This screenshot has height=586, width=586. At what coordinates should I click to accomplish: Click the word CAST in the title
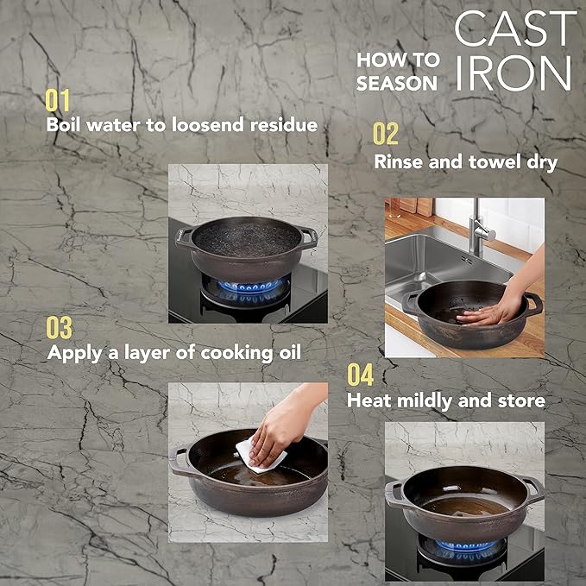coord(514,30)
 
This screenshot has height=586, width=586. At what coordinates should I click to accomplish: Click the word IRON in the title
coord(514,74)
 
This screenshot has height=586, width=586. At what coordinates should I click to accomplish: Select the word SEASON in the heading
coord(397,83)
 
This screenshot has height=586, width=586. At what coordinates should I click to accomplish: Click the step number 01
coord(58,100)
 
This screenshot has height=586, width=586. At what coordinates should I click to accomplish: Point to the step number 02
coord(386,134)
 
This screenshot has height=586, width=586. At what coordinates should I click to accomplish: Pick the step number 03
coord(60,328)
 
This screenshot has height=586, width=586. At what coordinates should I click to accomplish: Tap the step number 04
coord(360,375)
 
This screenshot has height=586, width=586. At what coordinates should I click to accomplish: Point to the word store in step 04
coord(520,400)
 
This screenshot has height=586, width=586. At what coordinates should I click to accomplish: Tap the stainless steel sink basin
coord(423,259)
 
